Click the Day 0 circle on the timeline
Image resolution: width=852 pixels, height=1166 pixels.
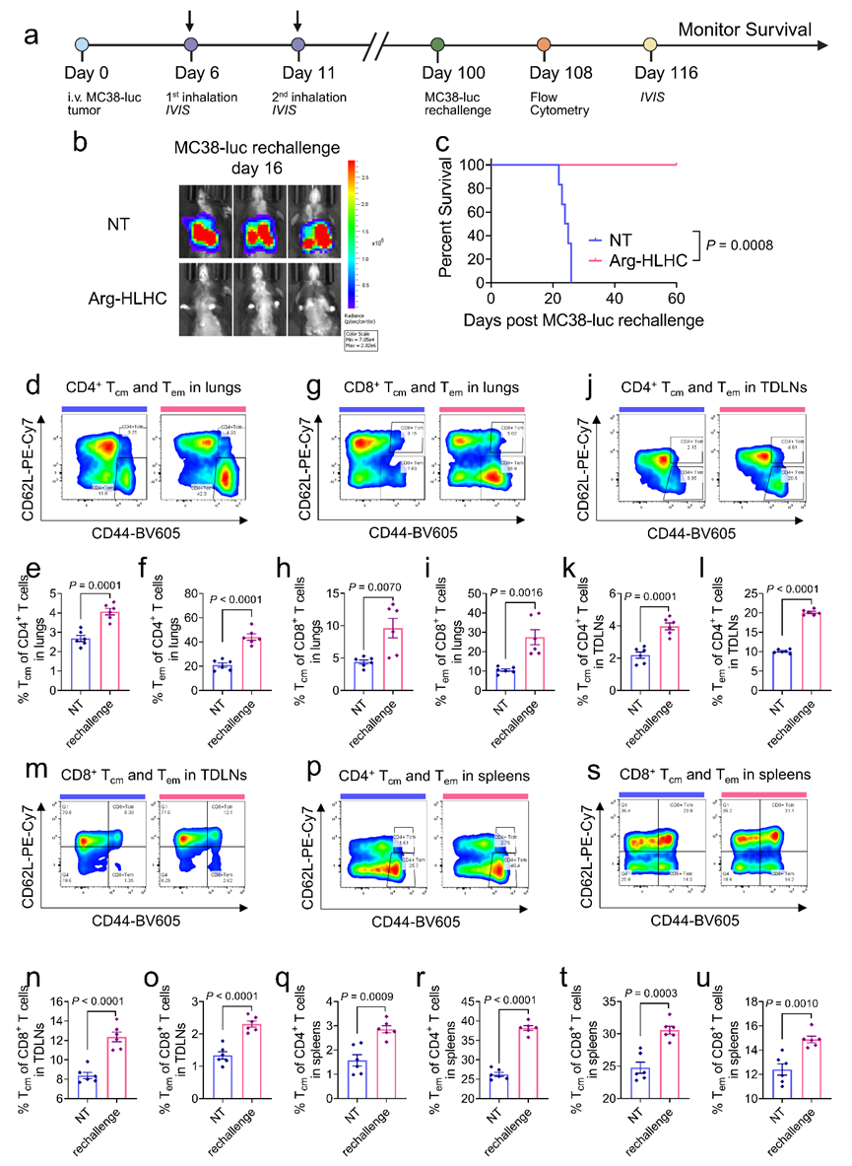click(83, 45)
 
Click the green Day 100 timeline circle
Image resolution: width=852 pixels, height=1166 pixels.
click(436, 45)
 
